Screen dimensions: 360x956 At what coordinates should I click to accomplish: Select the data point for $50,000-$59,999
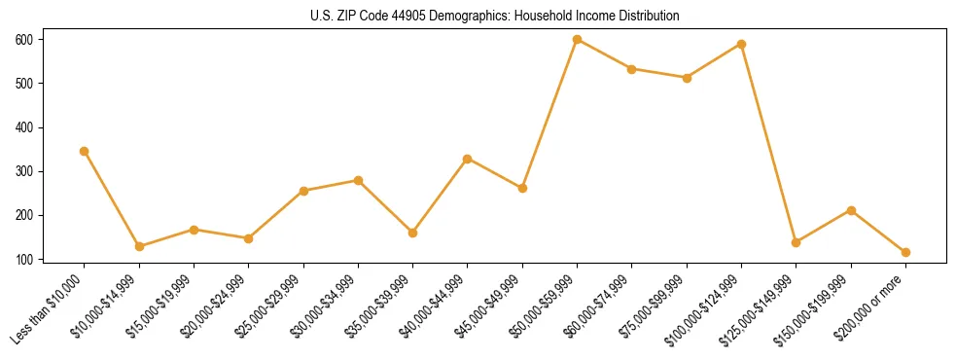coord(578,39)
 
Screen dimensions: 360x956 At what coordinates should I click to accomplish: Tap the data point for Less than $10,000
coord(85,151)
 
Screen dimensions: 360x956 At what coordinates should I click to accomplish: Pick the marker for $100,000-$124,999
coord(742,44)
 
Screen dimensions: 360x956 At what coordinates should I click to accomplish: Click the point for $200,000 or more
coord(906,252)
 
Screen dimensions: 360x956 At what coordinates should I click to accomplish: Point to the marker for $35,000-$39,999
coord(413,233)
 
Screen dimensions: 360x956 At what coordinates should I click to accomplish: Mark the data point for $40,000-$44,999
coord(468,159)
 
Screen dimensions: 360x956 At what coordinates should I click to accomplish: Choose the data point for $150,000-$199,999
coord(852,210)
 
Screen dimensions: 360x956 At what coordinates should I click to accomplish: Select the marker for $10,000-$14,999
coord(139,246)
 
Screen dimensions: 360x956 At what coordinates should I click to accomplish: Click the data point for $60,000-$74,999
coord(632,69)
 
